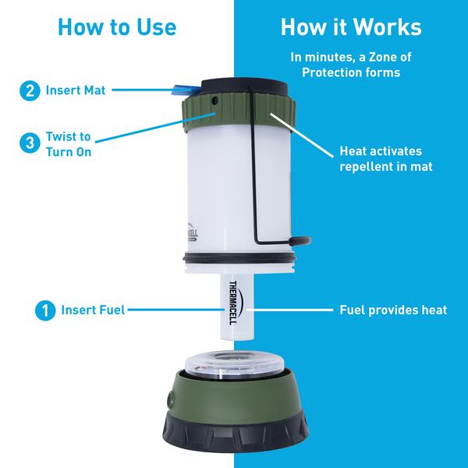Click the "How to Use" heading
coord(116,27)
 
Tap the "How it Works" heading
coord(350,27)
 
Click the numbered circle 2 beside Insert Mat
coord(30,90)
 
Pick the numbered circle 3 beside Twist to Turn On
coord(30,143)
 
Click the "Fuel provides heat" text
coord(392,310)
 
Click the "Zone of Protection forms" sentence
coord(350,64)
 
